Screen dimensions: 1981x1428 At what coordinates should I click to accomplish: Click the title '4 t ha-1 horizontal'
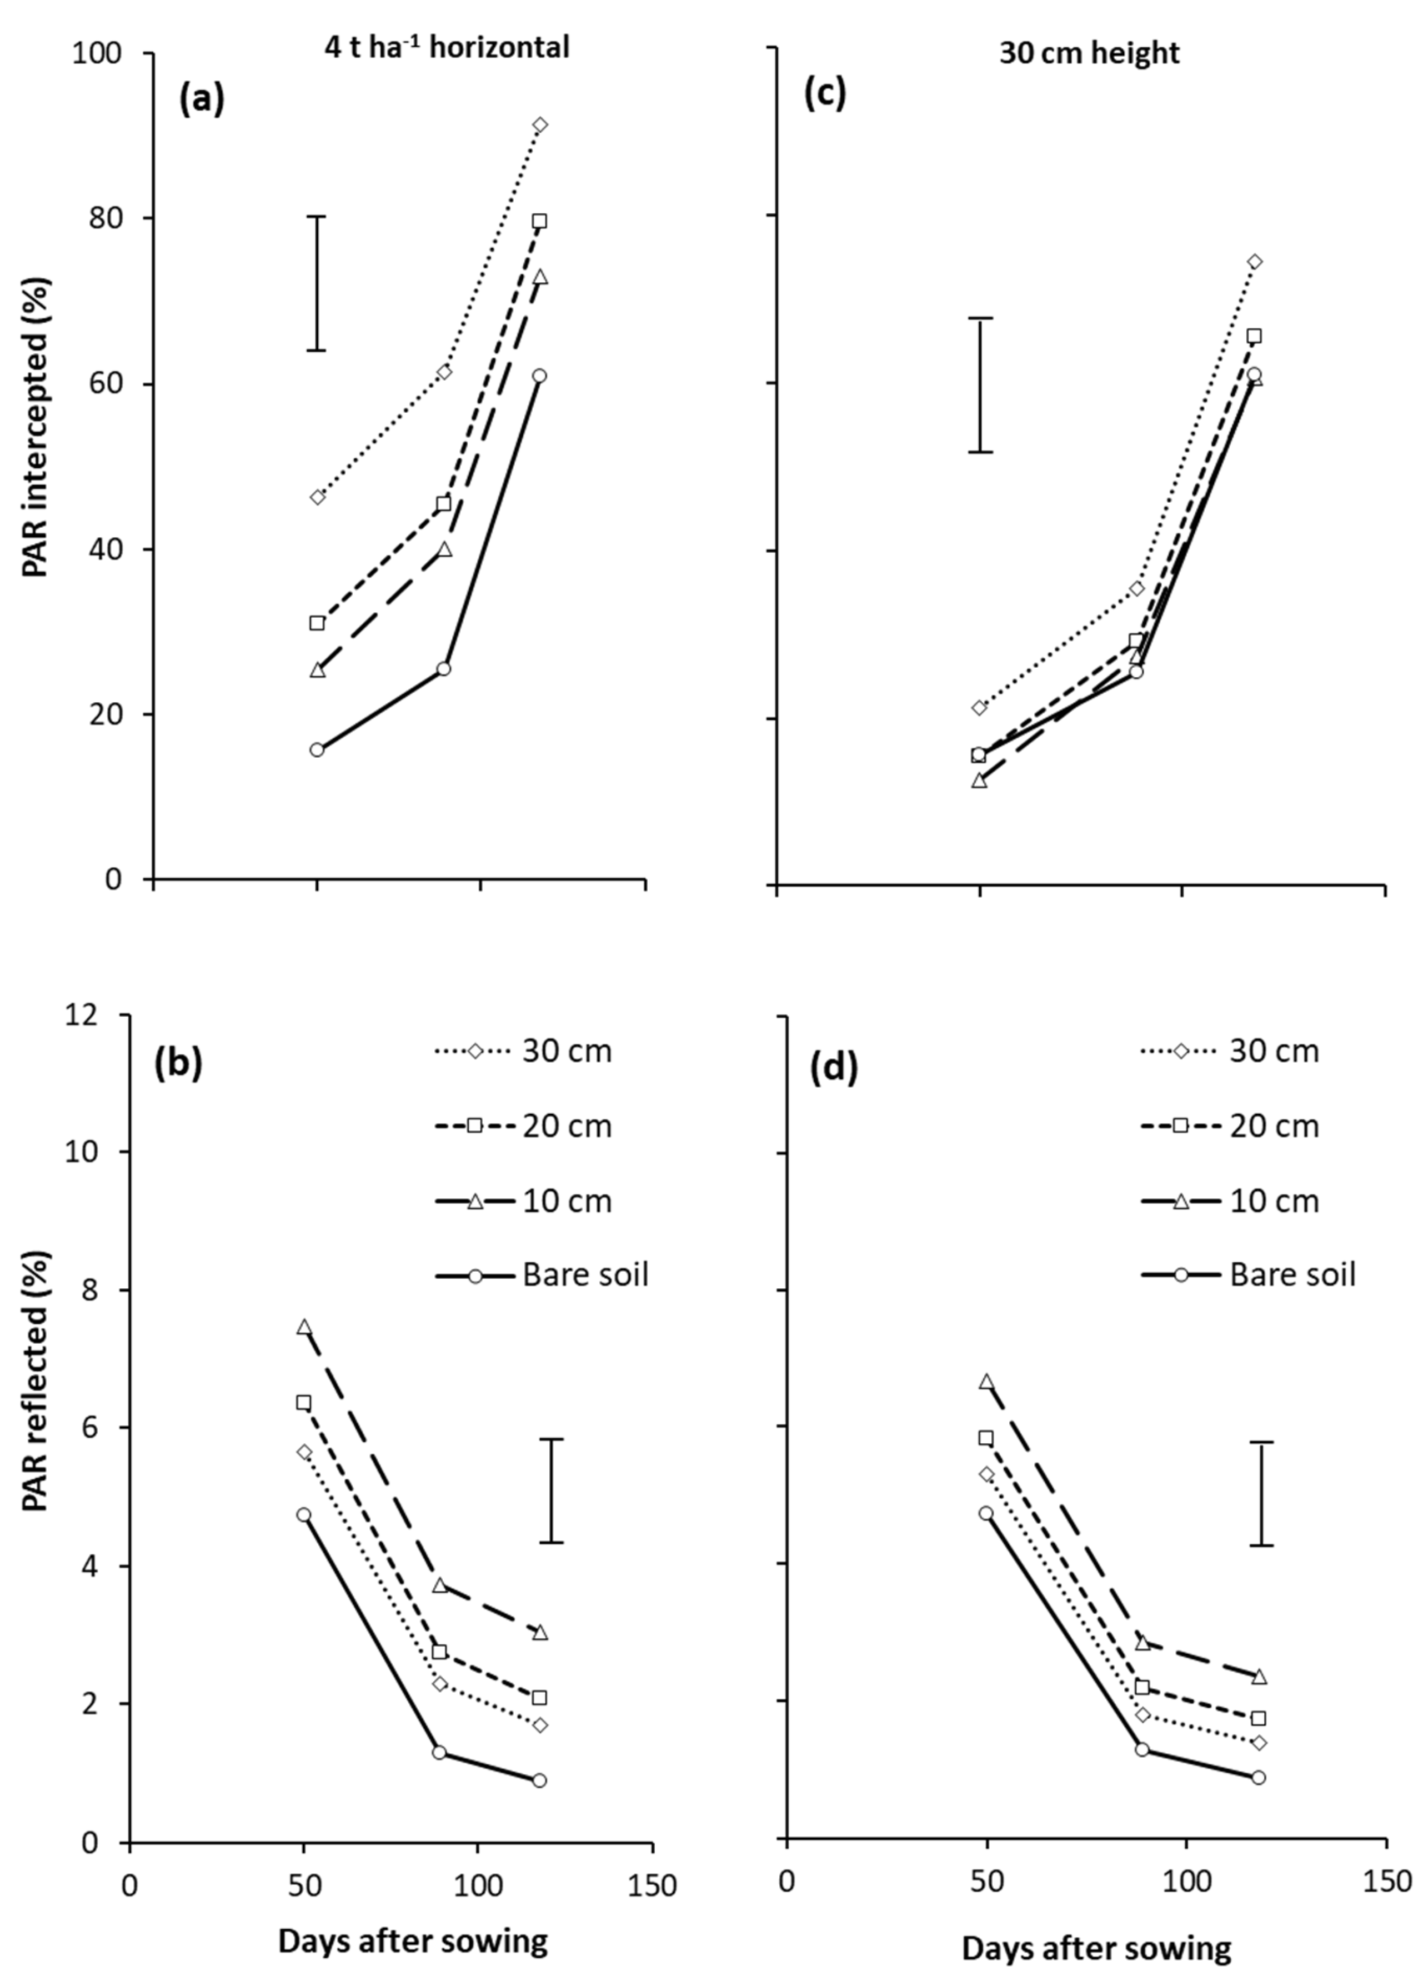click(443, 46)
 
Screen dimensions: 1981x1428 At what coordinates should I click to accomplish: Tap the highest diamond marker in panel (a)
click(540, 125)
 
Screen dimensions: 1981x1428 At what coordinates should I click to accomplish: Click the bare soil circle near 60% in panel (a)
click(540, 376)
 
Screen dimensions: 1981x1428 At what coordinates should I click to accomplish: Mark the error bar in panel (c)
click(980, 385)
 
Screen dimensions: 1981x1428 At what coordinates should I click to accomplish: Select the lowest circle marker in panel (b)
click(539, 1780)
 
